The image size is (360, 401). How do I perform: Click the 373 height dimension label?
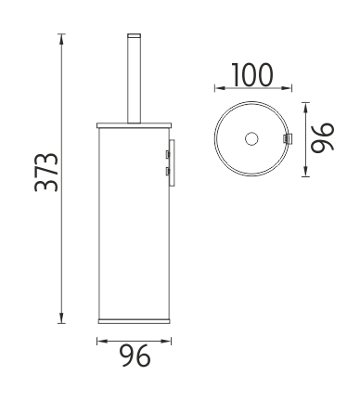pos(46,173)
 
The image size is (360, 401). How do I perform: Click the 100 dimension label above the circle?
pos(252,74)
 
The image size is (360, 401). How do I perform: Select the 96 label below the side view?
pos(136,356)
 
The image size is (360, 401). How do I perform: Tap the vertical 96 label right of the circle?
pos(323,138)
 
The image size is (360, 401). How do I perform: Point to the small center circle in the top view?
pos(251,138)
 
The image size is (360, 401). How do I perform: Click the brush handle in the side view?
pos(134,78)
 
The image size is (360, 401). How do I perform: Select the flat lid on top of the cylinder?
pos(134,125)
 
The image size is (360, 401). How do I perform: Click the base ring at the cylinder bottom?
pos(134,320)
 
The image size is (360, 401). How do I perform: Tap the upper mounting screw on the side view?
pos(167,154)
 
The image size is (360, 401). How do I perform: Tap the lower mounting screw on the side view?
pos(167,171)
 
